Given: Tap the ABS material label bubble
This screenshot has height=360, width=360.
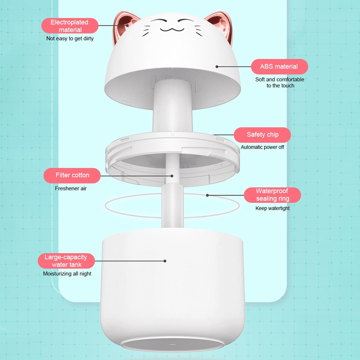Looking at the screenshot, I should [x=279, y=67].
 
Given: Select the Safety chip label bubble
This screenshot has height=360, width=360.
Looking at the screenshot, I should [x=262, y=135].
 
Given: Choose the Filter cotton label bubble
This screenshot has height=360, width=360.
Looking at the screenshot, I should [x=72, y=175].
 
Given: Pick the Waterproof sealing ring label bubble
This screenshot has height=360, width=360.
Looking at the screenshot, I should [x=272, y=195].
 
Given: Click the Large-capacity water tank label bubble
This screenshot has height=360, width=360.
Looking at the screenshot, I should [x=66, y=261].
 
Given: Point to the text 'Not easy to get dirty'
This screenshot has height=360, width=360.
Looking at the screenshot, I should [x=70, y=38].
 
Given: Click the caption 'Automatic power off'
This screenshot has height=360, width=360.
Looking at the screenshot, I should [x=262, y=147].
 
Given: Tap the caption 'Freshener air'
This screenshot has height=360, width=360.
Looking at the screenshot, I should [x=71, y=188].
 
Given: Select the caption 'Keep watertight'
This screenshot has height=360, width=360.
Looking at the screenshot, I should [x=272, y=208].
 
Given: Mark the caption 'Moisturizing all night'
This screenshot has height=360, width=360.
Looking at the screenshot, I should [x=67, y=274].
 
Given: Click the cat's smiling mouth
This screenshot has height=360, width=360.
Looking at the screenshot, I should [x=169, y=29].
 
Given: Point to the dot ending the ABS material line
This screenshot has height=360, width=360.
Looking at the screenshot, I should [x=217, y=67].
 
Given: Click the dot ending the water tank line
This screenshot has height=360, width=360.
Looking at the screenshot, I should [x=165, y=261].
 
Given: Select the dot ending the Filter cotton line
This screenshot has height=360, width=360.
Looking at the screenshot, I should [x=172, y=176].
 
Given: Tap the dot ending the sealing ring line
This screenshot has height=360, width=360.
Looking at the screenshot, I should [x=207, y=195].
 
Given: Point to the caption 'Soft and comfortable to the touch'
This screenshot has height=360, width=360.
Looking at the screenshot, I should [x=280, y=82].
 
